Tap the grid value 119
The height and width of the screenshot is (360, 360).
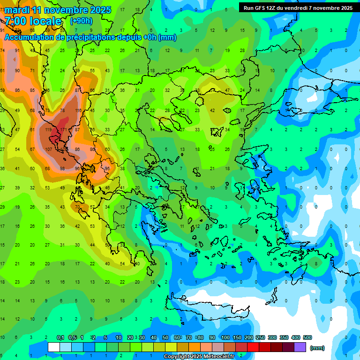(x=48, y=129)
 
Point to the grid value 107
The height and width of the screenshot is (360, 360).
(x=48, y=149)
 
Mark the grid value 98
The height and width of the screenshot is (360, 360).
(x=63, y=168)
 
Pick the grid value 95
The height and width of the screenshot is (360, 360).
(x=107, y=168)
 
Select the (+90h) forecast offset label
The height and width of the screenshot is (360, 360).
(x=81, y=21)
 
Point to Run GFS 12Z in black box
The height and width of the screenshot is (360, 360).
(x=260, y=8)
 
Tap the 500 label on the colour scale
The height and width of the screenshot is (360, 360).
(x=307, y=337)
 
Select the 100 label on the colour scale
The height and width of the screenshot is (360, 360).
(x=225, y=337)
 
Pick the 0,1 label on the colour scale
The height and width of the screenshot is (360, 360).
(x=60, y=337)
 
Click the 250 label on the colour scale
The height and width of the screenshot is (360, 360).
(x=260, y=337)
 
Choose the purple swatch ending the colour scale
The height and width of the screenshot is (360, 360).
(x=300, y=347)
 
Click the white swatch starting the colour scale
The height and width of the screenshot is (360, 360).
(x=54, y=347)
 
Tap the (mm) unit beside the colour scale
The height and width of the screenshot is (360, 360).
(x=317, y=348)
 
